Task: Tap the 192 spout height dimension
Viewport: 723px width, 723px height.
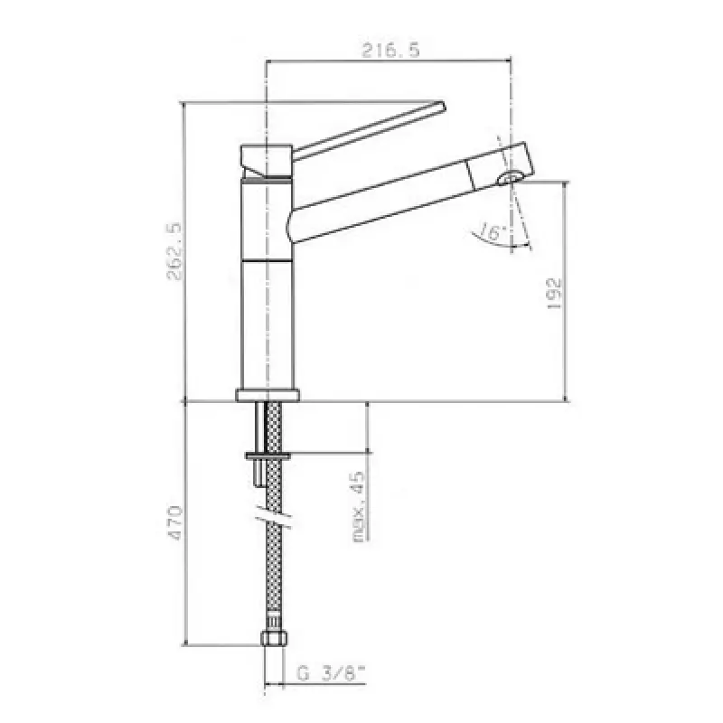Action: tap(554, 292)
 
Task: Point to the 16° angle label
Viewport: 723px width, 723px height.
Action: tap(492, 233)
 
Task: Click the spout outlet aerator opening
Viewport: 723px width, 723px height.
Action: tap(513, 176)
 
